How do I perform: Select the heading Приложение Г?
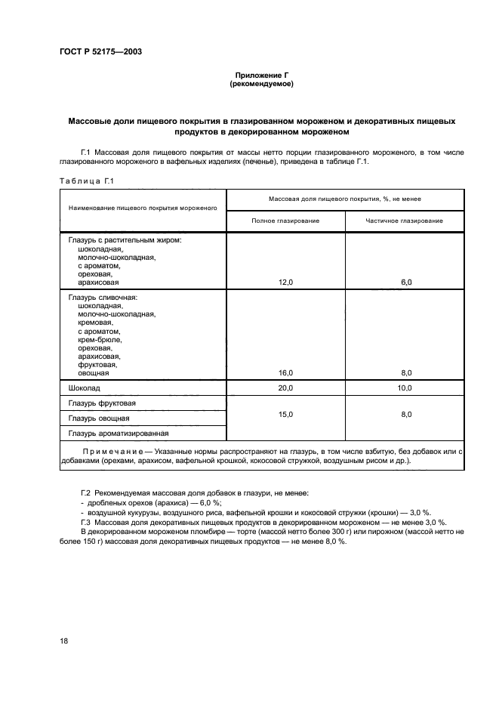pos(261,76)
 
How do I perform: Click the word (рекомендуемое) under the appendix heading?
pos(261,84)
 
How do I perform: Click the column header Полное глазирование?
pos(285,221)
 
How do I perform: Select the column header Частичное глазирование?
pos(405,221)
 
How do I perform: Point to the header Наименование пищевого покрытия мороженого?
pos(143,207)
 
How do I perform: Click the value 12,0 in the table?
pos(285,282)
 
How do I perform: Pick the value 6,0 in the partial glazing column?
pos(405,282)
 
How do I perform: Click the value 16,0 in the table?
pos(285,372)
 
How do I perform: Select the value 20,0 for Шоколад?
pos(285,387)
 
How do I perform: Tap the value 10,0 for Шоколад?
pos(405,387)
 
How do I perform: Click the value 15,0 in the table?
pos(285,414)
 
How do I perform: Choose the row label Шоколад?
pos(85,387)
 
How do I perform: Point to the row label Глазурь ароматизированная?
pos(118,434)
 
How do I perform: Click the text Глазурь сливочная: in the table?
pos(103,298)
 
